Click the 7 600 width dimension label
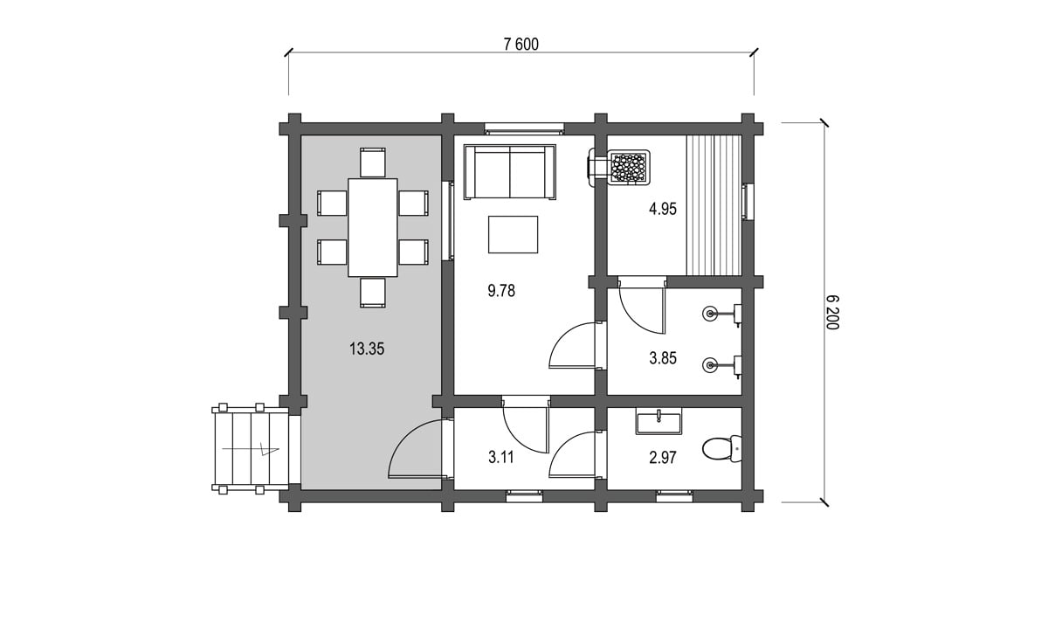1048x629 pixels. click(521, 44)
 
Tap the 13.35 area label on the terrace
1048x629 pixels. click(367, 349)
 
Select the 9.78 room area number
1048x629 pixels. click(501, 291)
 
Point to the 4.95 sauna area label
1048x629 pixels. click(663, 209)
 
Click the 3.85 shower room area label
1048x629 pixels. click(663, 358)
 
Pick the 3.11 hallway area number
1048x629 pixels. click(501, 457)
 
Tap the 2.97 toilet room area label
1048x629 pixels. click(663, 457)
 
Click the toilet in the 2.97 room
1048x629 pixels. click(722, 448)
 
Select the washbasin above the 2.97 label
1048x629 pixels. click(658, 422)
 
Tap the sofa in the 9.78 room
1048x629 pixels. click(510, 172)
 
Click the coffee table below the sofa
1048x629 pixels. click(513, 234)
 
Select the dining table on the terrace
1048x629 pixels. click(372, 227)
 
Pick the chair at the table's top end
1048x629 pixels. click(373, 162)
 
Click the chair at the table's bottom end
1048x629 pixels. click(373, 293)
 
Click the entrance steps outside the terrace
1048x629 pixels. click(251, 449)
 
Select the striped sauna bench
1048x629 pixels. click(714, 205)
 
